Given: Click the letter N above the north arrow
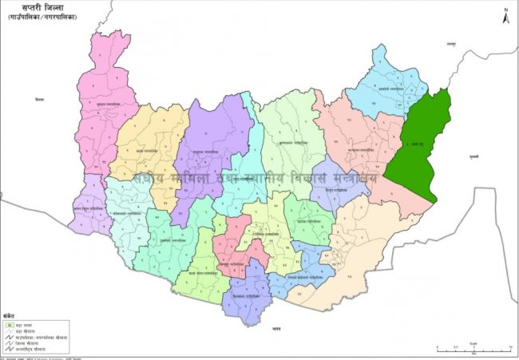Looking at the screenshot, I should [505, 7].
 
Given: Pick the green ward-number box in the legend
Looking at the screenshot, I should [8, 325].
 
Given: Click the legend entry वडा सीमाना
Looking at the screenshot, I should [37, 331].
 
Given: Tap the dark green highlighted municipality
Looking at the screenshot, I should [420, 148].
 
